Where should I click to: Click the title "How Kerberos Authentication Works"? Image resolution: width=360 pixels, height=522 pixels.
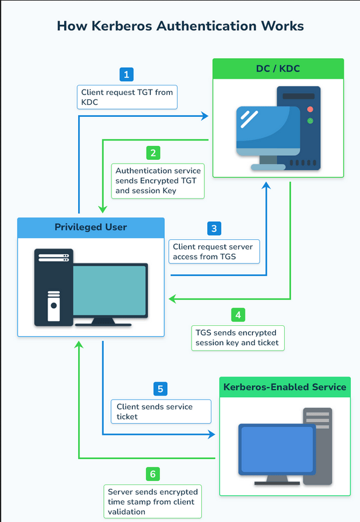[x=180, y=26]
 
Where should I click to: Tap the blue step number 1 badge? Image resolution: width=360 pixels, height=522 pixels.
[x=126, y=74]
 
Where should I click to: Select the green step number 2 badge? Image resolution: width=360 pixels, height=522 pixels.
[x=154, y=153]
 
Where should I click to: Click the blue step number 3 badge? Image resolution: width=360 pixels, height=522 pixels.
[x=213, y=228]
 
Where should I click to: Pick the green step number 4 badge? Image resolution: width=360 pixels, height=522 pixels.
[x=239, y=315]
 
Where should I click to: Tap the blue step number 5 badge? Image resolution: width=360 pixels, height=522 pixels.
[x=160, y=389]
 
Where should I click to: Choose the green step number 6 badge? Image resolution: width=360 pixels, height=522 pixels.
[x=154, y=474]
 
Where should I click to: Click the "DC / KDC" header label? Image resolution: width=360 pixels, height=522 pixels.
[x=278, y=69]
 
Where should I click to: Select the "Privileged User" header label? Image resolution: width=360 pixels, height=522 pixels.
[x=91, y=228]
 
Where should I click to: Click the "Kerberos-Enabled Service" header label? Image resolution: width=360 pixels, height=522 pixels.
[x=285, y=387]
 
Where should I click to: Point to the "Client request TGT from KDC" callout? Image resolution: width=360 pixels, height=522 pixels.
[x=127, y=97]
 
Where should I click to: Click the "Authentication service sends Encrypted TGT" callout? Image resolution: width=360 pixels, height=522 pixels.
[x=158, y=180]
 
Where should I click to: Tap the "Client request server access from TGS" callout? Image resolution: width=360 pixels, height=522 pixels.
[x=214, y=251]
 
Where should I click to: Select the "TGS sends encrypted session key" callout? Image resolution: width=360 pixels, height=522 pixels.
[x=238, y=338]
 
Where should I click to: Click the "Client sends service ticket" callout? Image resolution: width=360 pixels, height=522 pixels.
[x=161, y=412]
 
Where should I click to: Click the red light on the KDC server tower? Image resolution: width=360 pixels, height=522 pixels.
[x=310, y=110]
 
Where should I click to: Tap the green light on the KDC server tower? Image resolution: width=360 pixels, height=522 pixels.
[x=310, y=121]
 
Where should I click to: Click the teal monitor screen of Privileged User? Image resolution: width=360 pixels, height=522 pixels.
[x=110, y=289]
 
